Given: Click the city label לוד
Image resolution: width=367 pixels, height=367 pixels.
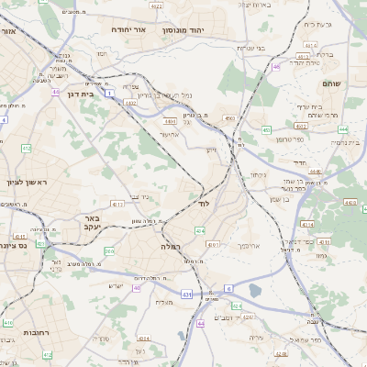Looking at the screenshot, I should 204,203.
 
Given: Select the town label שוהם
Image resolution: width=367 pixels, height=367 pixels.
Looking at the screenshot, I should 331,83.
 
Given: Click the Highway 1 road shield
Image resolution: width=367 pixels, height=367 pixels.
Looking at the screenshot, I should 109,94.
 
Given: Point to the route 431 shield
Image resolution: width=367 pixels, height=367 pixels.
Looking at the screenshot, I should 186,295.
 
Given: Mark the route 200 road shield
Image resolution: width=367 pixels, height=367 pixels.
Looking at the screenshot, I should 109,250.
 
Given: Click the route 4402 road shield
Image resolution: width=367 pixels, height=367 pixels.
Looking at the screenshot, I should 131,103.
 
